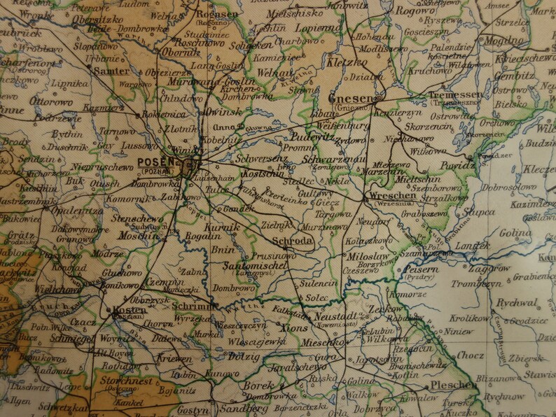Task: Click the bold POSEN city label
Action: (x=154, y=161)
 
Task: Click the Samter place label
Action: (x=112, y=71)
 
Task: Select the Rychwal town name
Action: (x=517, y=303)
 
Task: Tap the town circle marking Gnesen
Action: (x=384, y=97)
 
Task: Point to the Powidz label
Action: (x=458, y=165)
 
